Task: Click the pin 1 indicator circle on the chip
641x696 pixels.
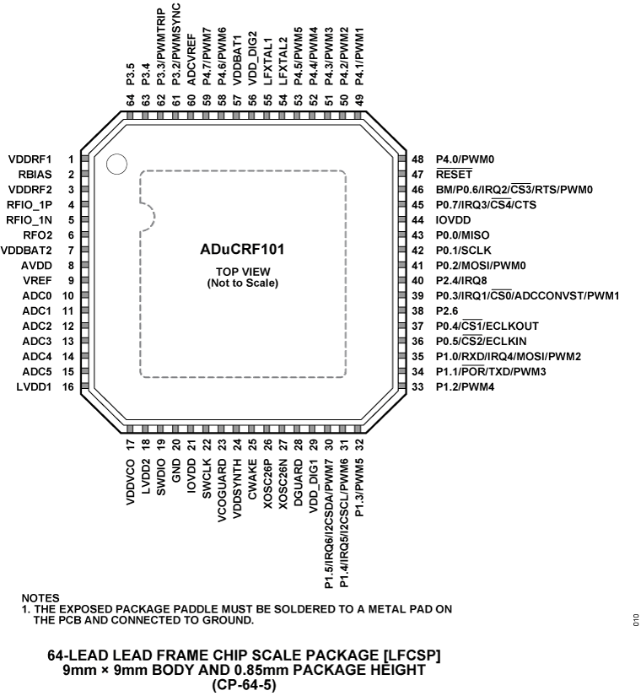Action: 117,164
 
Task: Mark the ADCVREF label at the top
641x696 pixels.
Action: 191,60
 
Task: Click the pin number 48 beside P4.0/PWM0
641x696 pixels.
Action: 416,159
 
